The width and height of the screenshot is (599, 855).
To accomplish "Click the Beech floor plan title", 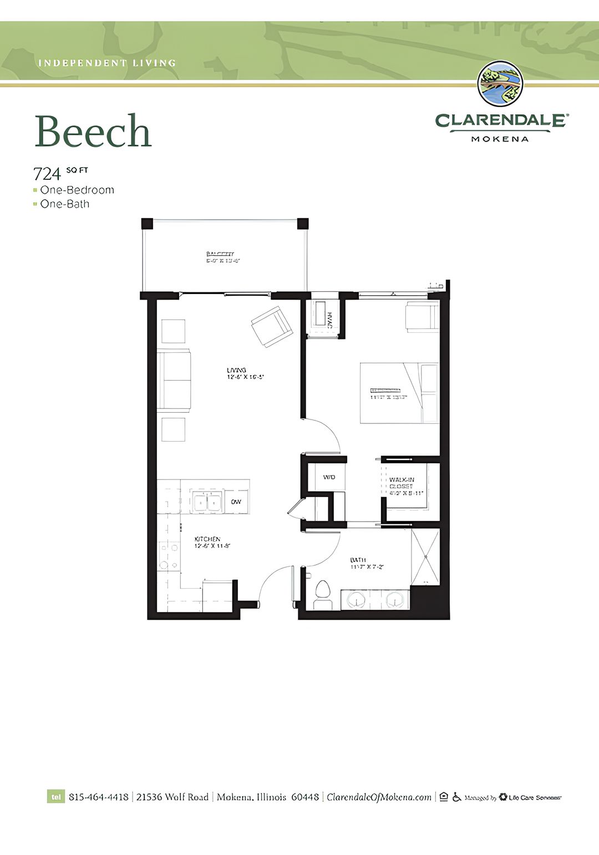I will pos(93,131).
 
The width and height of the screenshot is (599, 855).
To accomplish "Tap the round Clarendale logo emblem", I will pos(500,84).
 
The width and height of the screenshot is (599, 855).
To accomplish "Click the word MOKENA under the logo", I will pos(500,139).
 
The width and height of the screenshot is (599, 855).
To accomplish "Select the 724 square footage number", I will pos(47,174).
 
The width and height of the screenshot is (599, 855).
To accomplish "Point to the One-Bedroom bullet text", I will pos(77,190).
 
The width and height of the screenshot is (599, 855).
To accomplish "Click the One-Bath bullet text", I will pos(65,204).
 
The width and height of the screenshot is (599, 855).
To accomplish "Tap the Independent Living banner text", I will pos(107,63).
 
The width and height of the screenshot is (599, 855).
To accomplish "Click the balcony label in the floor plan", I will pos(222,257).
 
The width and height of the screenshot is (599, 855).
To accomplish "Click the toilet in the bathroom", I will pos(323,595).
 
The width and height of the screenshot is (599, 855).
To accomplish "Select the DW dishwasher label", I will pos(236,502).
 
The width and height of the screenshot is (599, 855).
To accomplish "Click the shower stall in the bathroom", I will pos(425,556).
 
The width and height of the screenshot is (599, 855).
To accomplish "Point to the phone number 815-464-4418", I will pos(99,797).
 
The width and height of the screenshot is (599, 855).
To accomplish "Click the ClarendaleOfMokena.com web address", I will pos(379,797).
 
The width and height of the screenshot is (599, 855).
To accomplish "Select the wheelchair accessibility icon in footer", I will pos(456,797).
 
